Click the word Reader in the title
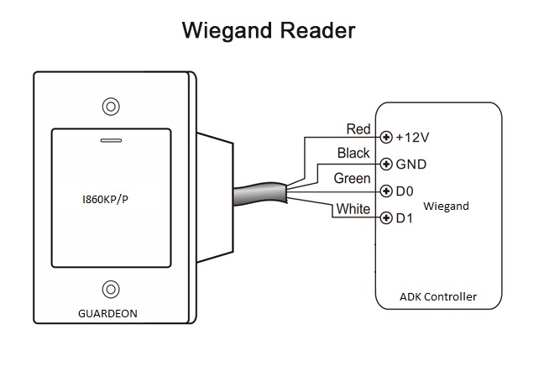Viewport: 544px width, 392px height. tap(318, 30)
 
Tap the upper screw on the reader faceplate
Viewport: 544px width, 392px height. tap(111, 107)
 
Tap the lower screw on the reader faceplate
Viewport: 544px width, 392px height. tap(111, 290)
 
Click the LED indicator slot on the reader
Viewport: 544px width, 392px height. tap(111, 140)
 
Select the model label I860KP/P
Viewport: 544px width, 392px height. tap(105, 200)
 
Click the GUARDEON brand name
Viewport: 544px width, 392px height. tap(108, 314)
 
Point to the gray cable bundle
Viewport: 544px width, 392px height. tap(260, 194)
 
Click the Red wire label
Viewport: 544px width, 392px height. tap(358, 129)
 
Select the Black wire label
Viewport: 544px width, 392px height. tap(353, 153)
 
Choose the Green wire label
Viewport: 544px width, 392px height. tap(352, 178)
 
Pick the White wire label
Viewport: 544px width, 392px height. tap(353, 209)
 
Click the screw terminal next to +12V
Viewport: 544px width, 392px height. tap(386, 137)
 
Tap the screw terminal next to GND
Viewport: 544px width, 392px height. tap(386, 164)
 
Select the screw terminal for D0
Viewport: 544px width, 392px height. tap(386, 191)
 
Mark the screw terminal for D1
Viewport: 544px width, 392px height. tap(386, 218)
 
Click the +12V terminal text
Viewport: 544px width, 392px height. tap(412, 138)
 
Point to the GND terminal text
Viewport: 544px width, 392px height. tap(411, 164)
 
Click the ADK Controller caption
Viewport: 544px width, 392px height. tap(438, 296)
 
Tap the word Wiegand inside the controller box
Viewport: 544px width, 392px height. tap(446, 206)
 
